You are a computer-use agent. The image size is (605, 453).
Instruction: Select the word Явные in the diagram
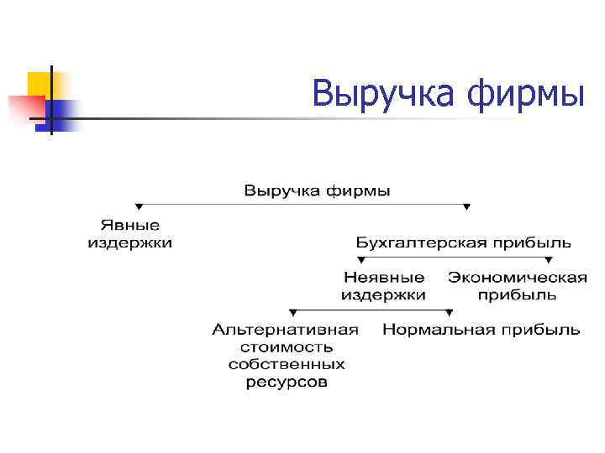click(x=130, y=226)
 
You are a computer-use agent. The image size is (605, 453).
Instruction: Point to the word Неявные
click(x=384, y=277)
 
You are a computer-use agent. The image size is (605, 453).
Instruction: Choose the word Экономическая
click(x=518, y=277)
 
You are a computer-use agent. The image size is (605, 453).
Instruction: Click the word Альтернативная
click(x=285, y=330)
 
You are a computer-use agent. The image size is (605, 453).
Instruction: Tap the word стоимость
click(x=286, y=347)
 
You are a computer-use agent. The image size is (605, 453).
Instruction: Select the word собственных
click(x=286, y=365)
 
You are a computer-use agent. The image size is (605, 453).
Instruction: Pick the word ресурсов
click(x=286, y=383)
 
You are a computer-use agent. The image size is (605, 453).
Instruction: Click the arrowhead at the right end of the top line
click(x=467, y=206)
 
